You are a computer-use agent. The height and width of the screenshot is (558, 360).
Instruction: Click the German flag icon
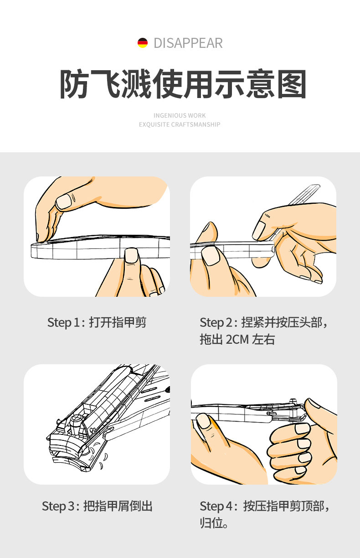143,43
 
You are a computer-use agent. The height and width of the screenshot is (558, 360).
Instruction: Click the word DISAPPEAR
188,43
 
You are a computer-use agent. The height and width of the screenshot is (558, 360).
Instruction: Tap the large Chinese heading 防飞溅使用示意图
183,84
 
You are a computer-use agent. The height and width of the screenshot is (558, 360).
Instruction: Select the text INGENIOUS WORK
180,115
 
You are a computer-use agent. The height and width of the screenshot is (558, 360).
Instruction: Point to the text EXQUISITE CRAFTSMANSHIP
180,124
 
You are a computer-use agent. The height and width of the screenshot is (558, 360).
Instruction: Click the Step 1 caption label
97,322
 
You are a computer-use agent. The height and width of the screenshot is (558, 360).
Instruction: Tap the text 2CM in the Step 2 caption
237,339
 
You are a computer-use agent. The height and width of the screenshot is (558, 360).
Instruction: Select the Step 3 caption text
97,506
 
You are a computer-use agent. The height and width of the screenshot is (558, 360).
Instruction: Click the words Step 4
216,506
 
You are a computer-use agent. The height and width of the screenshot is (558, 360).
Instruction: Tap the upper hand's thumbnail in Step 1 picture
63,201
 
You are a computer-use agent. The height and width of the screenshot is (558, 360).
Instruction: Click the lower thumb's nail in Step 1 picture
131,255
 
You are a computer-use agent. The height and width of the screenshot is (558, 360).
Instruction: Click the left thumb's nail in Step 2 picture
211,256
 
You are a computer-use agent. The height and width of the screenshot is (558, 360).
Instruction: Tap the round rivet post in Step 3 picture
76,422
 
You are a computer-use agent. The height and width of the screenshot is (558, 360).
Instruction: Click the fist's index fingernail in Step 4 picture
302,428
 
